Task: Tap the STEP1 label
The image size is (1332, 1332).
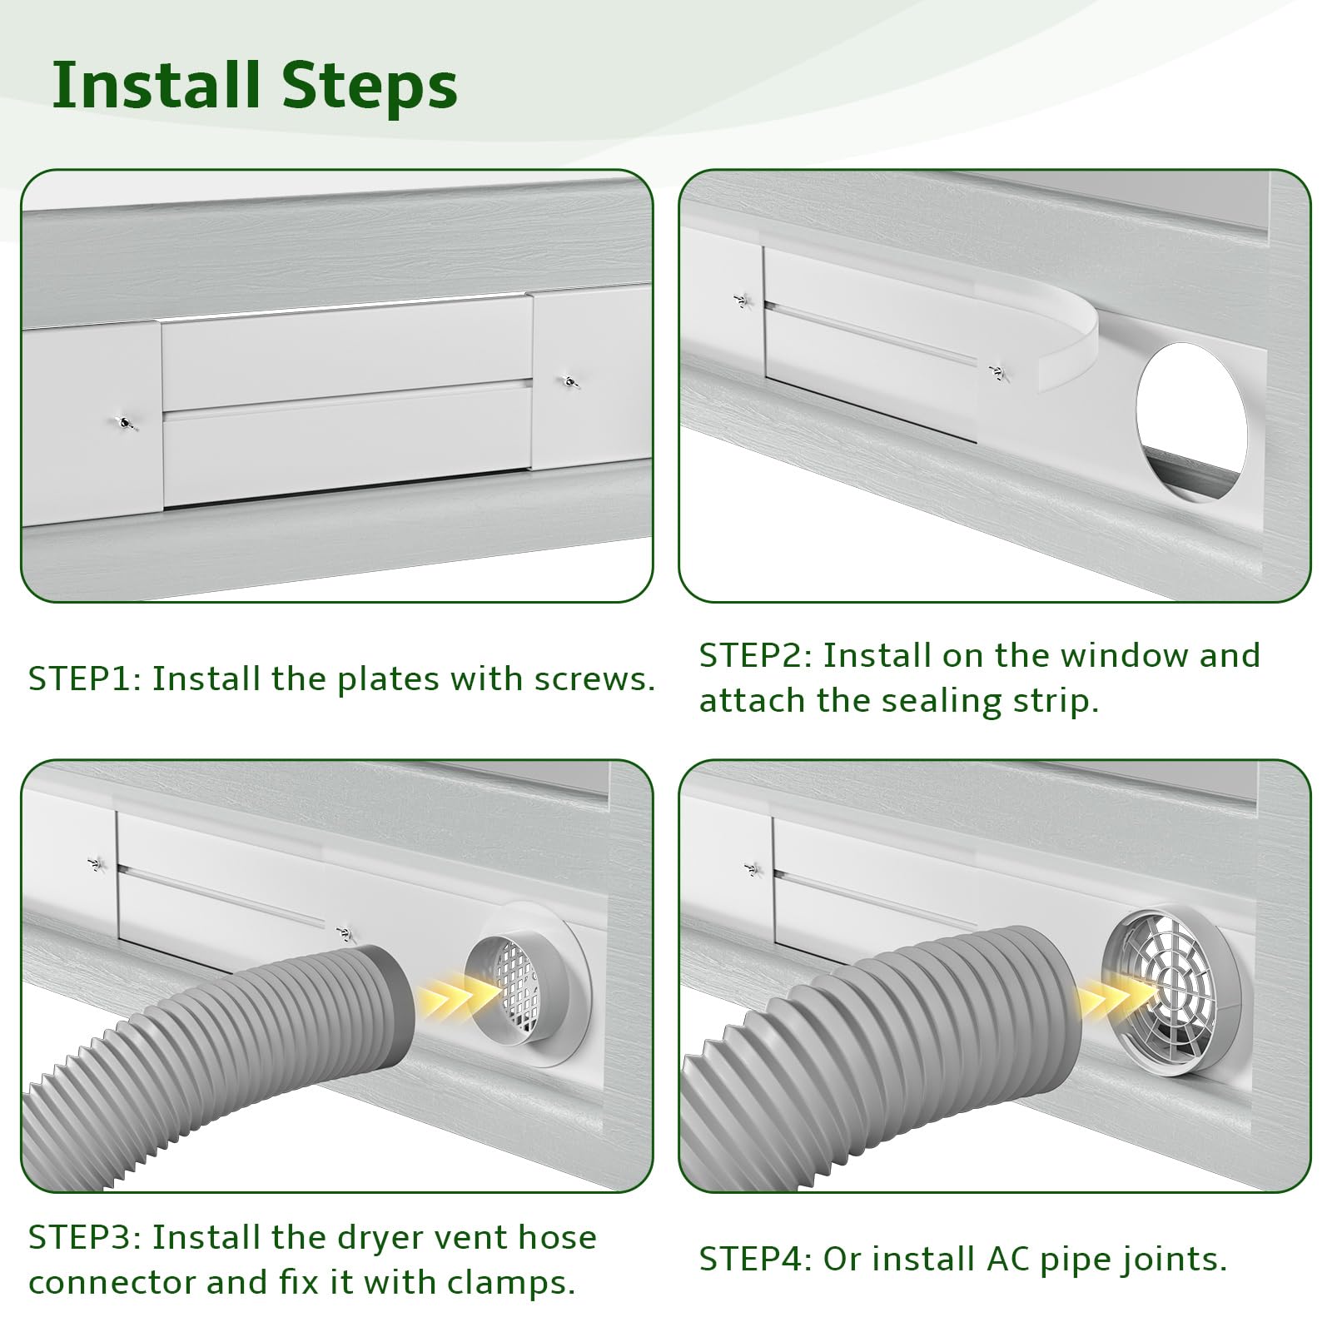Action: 84,678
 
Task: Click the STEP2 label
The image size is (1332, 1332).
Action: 754,655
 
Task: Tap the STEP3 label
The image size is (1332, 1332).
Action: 84,1237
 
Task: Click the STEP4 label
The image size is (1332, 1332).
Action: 754,1260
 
